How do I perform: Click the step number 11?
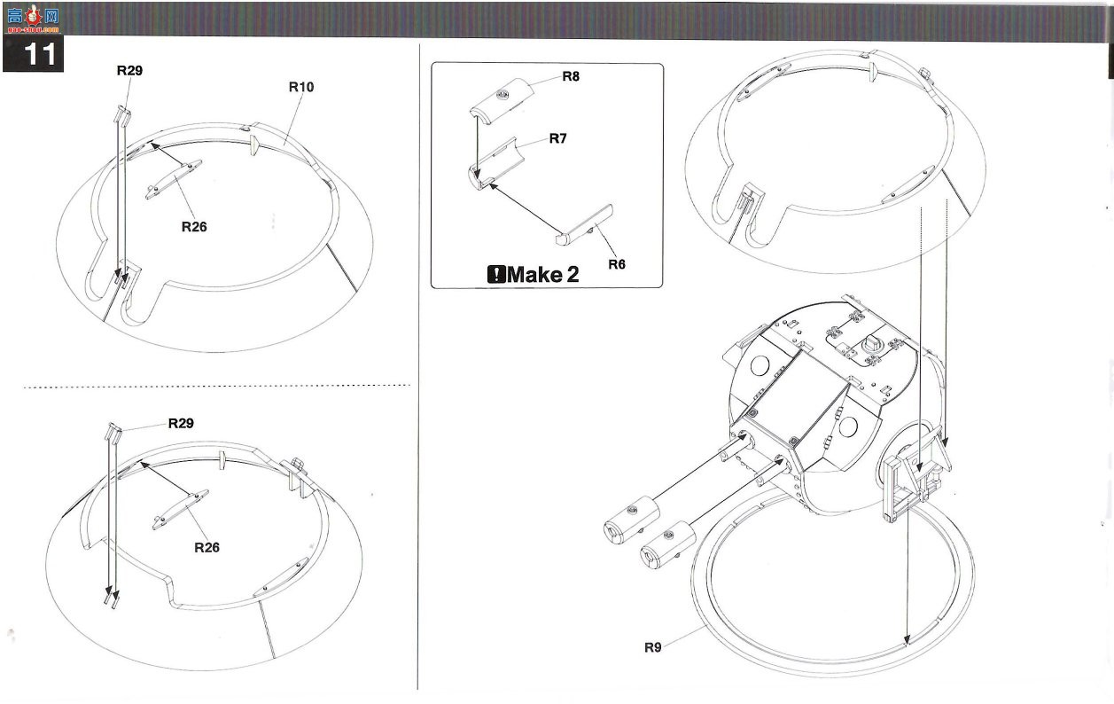tap(39, 54)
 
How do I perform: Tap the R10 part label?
tap(301, 87)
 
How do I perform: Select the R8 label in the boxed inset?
tap(571, 76)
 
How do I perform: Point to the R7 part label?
tap(557, 138)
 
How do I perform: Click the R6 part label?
tap(617, 264)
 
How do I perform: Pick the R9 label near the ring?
tap(652, 647)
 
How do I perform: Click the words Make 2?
tap(543, 274)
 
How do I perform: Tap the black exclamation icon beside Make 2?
tap(496, 274)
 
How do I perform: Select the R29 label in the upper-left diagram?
tap(129, 71)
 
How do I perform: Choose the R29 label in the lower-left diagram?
tap(181, 424)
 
